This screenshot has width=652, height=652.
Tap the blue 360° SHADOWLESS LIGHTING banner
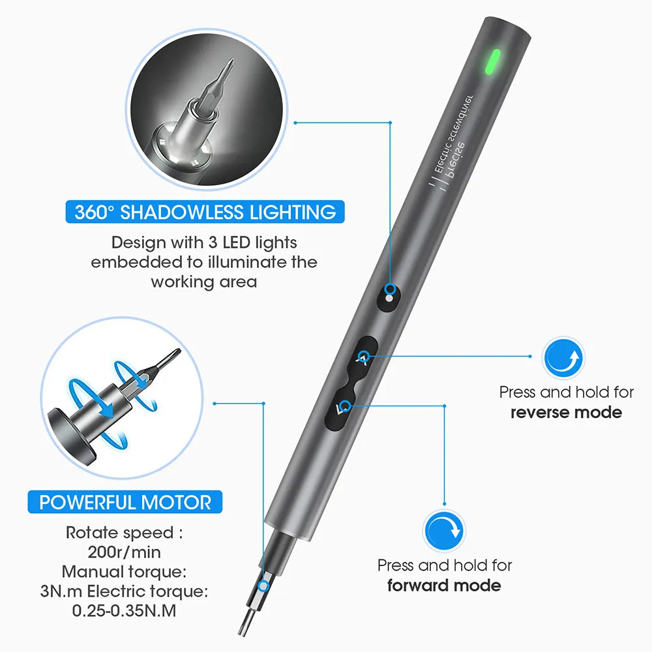pyautogui.click(x=205, y=212)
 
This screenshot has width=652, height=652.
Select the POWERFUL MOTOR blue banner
pyautogui.click(x=125, y=503)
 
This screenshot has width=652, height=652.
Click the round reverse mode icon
pyautogui.click(x=564, y=359)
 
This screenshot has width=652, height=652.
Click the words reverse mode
pyautogui.click(x=566, y=412)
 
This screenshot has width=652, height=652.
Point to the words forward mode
pyautogui.click(x=444, y=585)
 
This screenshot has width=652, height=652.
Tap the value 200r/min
pyautogui.click(x=124, y=552)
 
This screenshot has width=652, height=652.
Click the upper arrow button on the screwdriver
pyautogui.click(x=363, y=356)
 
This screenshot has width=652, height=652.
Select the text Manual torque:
pyautogui.click(x=125, y=572)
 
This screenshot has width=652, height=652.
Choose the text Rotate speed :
pyautogui.click(x=124, y=532)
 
